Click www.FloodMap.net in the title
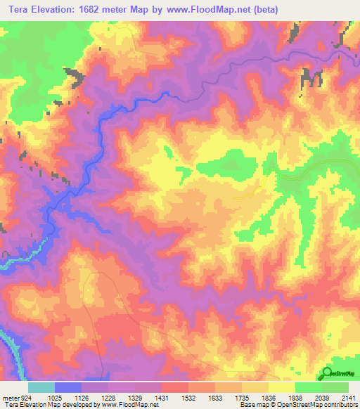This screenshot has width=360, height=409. tap(202, 10)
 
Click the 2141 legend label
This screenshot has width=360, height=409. tap(349, 396)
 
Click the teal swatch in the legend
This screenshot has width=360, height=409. tap(41, 387)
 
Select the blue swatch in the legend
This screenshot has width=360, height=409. tap(68, 387)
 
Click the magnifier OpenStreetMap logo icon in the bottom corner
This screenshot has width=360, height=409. tap(327, 372)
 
